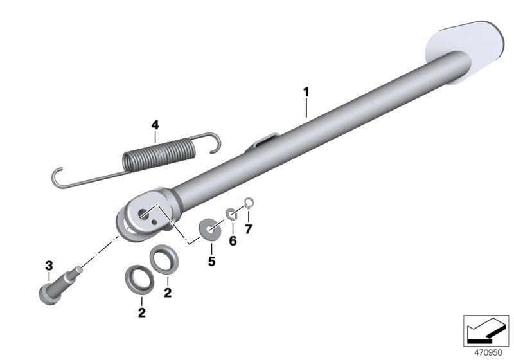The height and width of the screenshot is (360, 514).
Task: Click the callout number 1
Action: tap(306, 93)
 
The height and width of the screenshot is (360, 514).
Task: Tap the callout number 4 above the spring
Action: tap(155, 125)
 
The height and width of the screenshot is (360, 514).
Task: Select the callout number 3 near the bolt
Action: tap(49, 265)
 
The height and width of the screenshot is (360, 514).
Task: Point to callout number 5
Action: tap(212, 261)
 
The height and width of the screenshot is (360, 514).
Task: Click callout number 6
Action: tap(233, 241)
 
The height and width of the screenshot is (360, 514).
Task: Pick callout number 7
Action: tap(249, 229)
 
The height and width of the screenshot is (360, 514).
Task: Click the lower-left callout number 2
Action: tap(141, 312)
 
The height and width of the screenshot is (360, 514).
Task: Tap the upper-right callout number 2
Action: tap(168, 292)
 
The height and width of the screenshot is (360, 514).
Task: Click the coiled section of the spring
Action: tap(159, 154)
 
